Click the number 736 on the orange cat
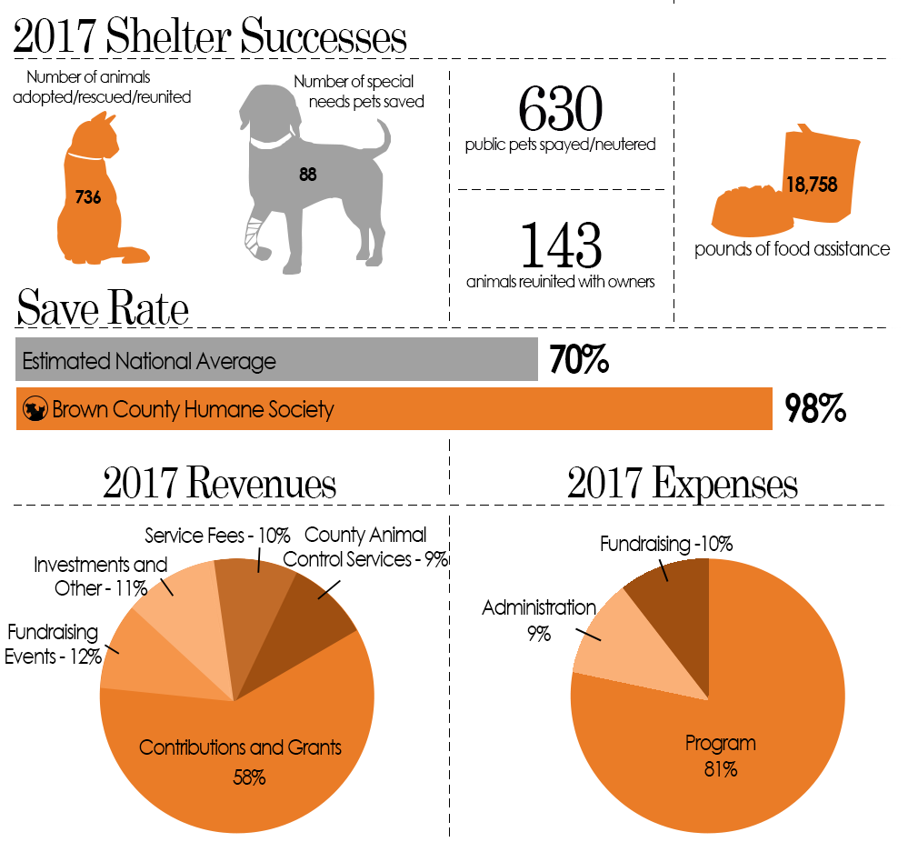pos(88,197)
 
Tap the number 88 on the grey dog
pos(307,175)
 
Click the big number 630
pos(560,109)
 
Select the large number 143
pos(561,245)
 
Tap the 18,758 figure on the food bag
pos(812,185)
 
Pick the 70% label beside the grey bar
pos(579,359)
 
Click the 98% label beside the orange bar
pos(815,408)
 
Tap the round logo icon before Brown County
pos(35,409)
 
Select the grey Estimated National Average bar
pos(277,359)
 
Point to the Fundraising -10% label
pos(666,545)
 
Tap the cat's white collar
pos(85,156)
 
